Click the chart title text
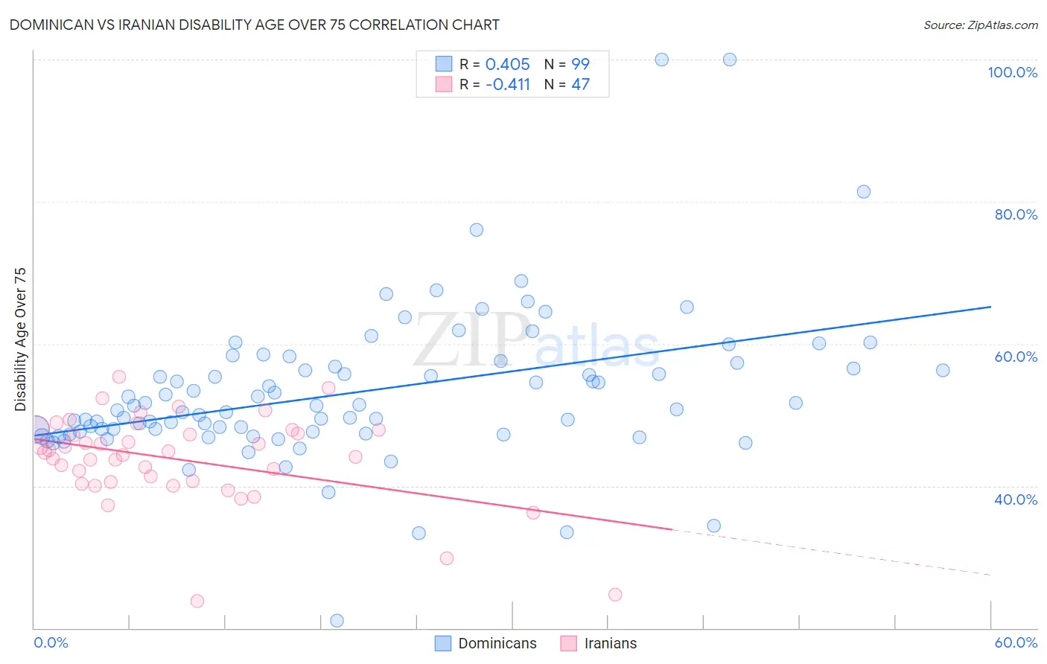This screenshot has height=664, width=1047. point(254,25)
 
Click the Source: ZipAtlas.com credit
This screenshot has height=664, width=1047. point(980,25)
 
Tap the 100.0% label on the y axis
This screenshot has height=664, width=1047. point(1012,72)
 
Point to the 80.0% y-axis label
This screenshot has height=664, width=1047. point(1016,214)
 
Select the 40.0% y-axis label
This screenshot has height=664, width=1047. point(1016,499)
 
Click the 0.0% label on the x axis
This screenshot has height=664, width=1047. point(51,642)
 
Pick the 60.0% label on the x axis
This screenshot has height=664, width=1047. point(1016,642)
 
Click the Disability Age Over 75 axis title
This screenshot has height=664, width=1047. point(20,339)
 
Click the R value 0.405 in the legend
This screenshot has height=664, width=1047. point(507,64)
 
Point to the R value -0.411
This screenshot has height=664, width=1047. point(507,84)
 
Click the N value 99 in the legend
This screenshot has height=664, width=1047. point(580,64)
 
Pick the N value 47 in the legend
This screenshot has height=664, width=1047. point(580,84)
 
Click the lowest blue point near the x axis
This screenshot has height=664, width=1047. point(337,621)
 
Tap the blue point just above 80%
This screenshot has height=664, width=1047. point(864,191)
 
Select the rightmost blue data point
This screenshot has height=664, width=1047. point(943,370)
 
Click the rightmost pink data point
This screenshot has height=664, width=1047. point(615,594)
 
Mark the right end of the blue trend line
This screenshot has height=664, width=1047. point(990,307)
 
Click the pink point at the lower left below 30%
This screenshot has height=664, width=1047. point(197,601)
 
